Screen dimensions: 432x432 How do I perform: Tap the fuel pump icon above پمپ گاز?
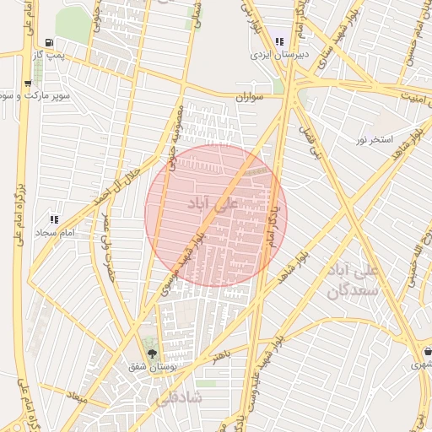[50, 42]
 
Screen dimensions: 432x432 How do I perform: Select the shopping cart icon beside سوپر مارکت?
[28, 83]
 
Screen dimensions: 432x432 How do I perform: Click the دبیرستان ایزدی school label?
[279, 53]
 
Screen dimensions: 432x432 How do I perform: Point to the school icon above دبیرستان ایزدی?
[279, 40]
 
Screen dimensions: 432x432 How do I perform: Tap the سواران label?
[250, 98]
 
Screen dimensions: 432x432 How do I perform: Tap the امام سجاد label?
[57, 231]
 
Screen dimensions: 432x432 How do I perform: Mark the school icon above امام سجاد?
[54, 219]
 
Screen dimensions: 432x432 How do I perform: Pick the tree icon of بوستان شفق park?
[152, 354]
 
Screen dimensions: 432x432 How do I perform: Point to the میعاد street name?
[78, 396]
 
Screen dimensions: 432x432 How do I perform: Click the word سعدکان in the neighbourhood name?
[349, 290]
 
